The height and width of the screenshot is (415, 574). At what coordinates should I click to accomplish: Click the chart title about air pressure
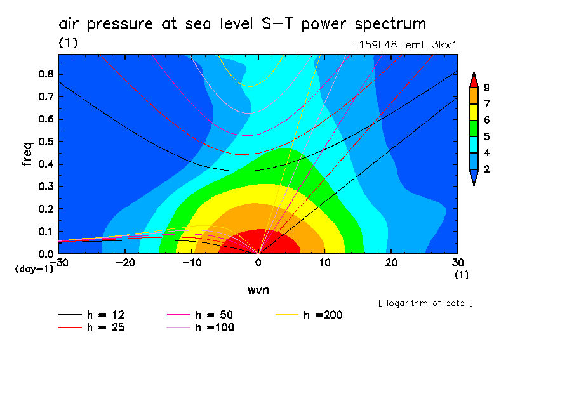[x=242, y=24]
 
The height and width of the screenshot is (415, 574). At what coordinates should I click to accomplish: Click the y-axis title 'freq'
[x=27, y=154]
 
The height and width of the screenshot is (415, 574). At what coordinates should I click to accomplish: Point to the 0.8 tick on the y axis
[x=46, y=74]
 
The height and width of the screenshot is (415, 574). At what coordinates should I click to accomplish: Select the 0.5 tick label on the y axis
[x=46, y=142]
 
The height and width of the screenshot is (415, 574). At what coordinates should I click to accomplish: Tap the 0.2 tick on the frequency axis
[x=46, y=209]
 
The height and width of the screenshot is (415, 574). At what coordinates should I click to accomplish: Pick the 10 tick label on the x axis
[x=324, y=262]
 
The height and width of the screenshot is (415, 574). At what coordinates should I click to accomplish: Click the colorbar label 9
[x=486, y=88]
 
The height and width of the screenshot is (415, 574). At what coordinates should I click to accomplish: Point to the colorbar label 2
[x=486, y=169]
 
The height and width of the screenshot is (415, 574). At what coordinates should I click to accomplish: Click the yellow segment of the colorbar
[x=473, y=112]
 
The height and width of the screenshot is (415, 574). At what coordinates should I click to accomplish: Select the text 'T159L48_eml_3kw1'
[x=405, y=45]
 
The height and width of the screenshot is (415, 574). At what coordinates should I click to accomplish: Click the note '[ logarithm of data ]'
[x=425, y=303]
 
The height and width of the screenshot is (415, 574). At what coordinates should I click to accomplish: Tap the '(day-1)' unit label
[x=34, y=269]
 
